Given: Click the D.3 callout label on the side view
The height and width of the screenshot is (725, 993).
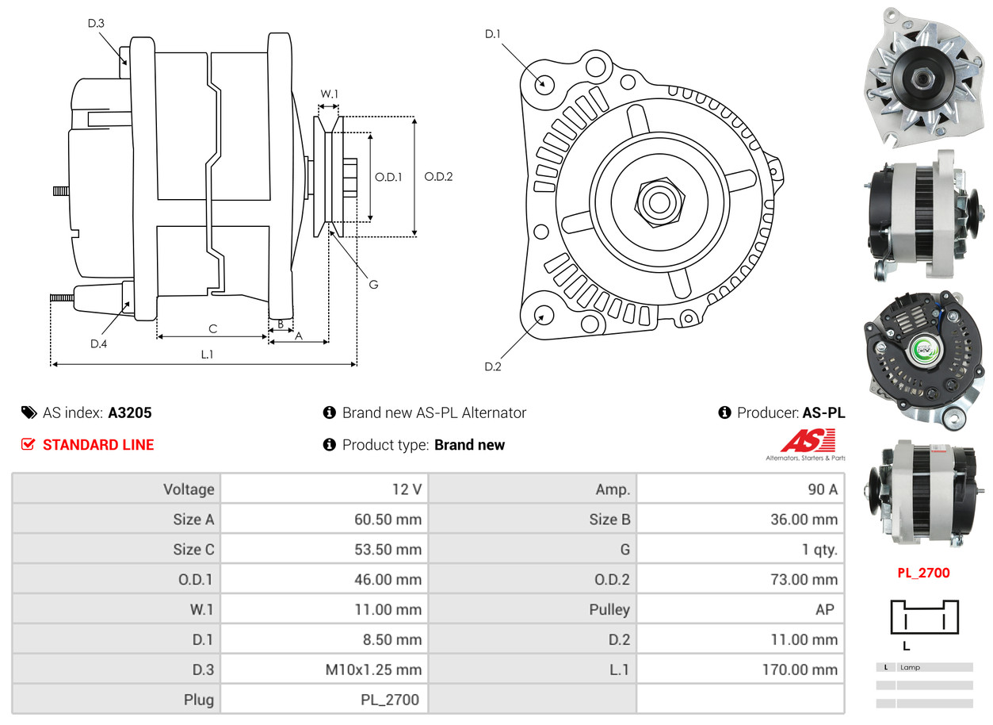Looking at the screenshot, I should coord(95,24).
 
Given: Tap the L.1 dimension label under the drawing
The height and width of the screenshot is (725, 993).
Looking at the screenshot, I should coord(206,355).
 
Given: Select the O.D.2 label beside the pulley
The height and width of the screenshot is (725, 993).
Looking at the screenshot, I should coord(437,177).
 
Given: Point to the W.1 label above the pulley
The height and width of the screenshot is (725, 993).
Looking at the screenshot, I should coord(329,94).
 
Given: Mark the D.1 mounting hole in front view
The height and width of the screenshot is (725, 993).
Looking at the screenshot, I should coord(544,83).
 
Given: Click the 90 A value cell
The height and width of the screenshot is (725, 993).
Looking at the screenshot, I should coord(822,489).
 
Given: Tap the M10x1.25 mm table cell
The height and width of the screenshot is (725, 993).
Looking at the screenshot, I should coord(373,670).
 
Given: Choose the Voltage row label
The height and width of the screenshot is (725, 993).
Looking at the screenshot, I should coord(189,489).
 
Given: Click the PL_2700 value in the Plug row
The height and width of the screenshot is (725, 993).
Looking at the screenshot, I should coord(389,700).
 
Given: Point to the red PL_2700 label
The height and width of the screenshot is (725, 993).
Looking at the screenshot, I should coord(922,573).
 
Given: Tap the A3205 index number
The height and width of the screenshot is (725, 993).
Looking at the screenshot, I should coord(130,412).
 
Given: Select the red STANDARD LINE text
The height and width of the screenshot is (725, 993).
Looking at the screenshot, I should coord(98,445).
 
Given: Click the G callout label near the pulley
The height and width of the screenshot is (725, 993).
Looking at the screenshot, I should coord(373,284).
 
